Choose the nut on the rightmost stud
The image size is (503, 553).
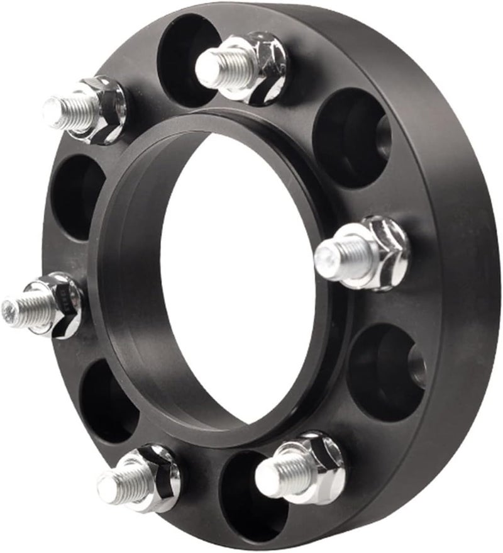380,252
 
